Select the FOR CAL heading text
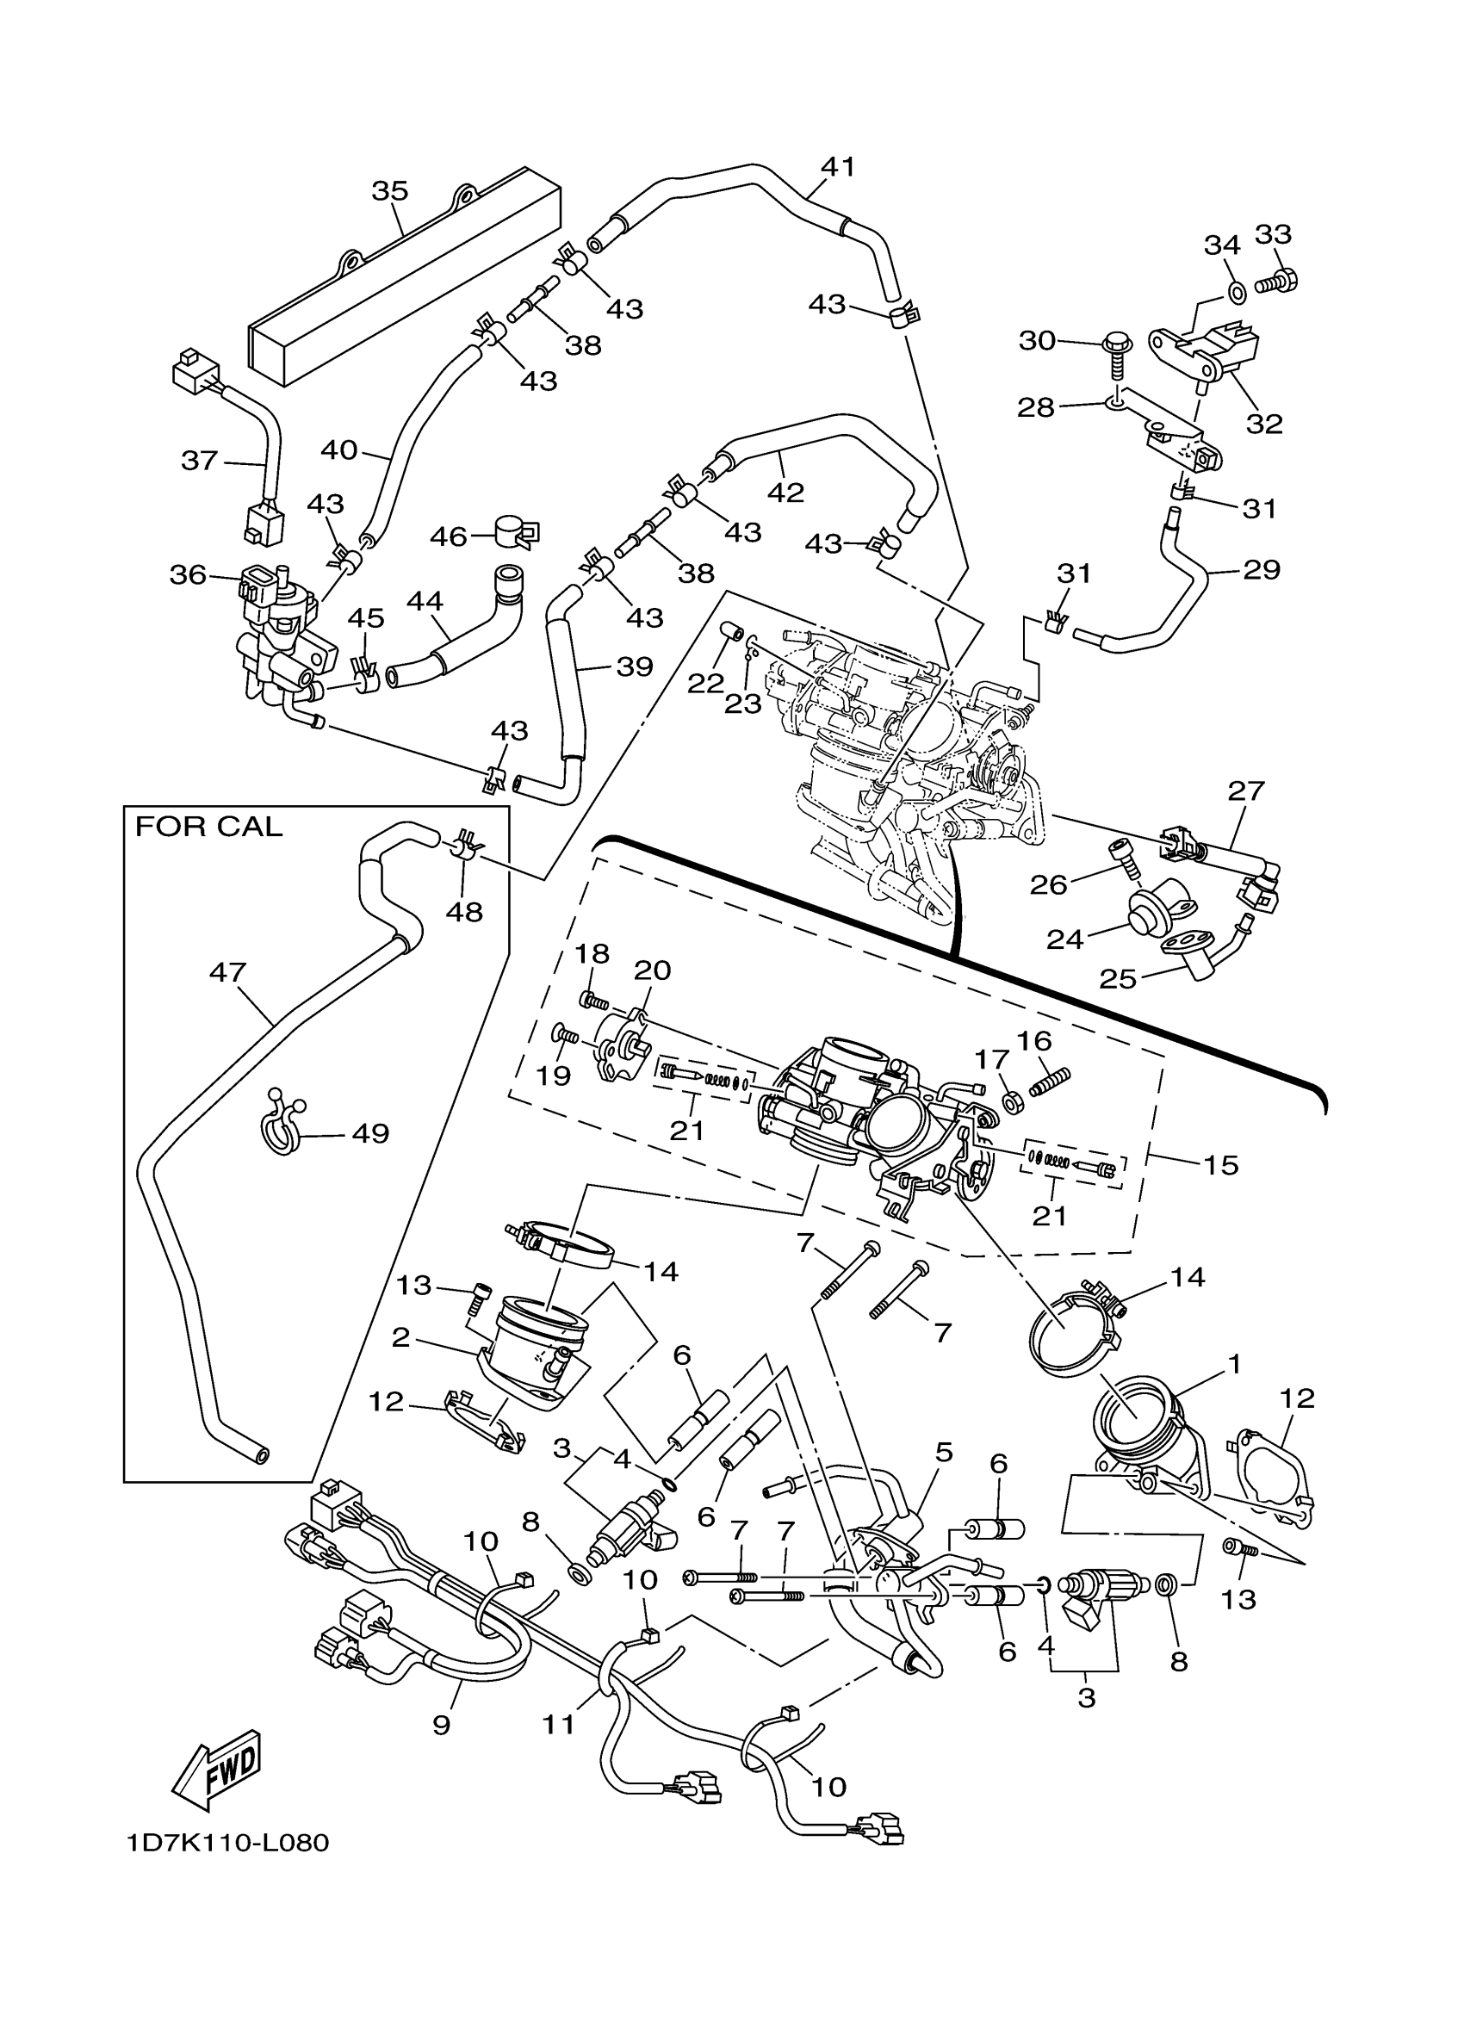pos(208,827)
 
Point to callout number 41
pos(838,167)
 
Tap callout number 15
pos(1221,1165)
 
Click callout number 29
pos(1261,569)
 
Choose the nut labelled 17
pos(1011,1102)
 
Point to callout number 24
pos(1064,939)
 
